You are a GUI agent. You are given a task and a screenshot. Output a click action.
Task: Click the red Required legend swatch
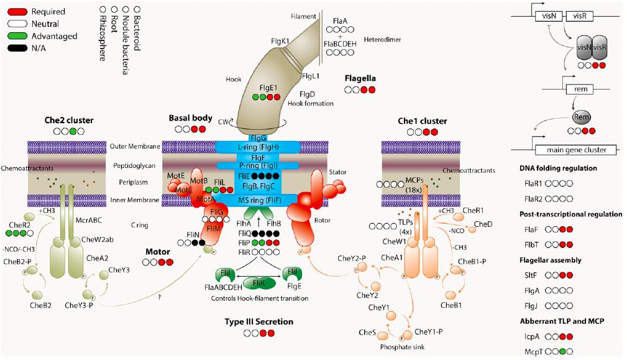click(14, 11)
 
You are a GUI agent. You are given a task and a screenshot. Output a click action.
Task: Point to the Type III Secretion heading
click(259, 321)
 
